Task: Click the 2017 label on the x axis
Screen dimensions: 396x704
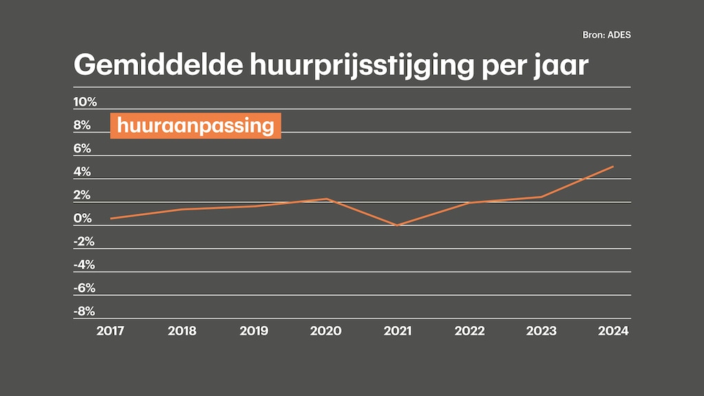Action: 111,331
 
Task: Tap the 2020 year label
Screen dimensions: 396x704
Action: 326,331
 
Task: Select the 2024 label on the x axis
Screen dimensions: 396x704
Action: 613,331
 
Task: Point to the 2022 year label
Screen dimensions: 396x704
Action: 470,331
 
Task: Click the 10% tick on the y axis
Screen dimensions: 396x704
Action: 85,102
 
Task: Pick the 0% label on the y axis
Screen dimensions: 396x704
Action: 82,219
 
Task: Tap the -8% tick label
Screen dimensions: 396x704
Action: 84,311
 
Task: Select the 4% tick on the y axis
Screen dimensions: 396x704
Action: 82,172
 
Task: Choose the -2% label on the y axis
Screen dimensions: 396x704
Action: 84,241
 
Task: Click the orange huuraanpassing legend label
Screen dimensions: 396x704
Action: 196,126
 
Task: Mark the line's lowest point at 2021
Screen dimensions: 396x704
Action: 398,225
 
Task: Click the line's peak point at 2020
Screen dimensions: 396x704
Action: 327,199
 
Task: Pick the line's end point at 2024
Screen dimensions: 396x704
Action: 613,166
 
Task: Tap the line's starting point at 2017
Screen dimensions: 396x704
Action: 111,218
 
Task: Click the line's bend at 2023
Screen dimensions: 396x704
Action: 541,197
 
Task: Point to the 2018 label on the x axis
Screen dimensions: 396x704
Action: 182,331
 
